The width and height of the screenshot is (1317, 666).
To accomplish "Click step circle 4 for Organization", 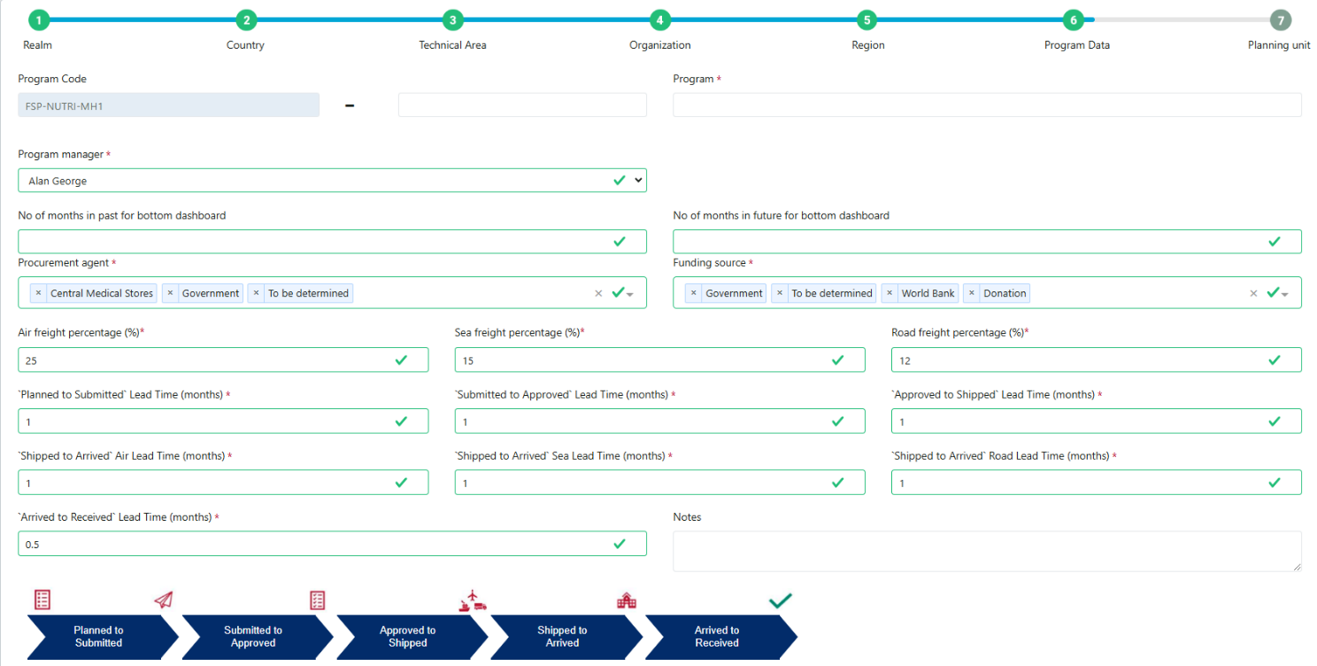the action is [659, 20].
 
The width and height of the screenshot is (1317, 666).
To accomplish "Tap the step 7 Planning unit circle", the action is [1281, 20].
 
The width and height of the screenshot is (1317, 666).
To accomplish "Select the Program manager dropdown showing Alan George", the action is [332, 180].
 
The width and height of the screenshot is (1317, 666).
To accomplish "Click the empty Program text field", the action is [987, 105].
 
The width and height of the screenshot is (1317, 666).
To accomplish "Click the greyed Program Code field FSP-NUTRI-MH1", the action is [169, 105].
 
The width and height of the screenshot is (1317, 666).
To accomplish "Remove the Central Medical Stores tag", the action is [38, 293].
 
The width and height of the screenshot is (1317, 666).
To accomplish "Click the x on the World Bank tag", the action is [890, 293].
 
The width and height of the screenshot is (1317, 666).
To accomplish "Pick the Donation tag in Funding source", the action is [1005, 293].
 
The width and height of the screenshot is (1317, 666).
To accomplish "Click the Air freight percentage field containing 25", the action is [223, 360].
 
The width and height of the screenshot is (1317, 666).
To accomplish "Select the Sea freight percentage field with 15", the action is [659, 360].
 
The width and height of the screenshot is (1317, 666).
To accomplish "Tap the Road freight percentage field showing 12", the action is [1097, 360].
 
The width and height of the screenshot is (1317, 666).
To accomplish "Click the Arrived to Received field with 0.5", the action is [332, 544].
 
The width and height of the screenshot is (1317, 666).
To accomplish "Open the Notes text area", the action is [987, 551].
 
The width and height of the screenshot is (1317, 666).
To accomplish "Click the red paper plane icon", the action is [164, 600].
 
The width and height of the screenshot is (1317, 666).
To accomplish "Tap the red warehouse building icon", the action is [627, 600].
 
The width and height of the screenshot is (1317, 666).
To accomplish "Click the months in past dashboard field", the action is [332, 241].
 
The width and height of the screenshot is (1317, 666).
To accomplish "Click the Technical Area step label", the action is [452, 44].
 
